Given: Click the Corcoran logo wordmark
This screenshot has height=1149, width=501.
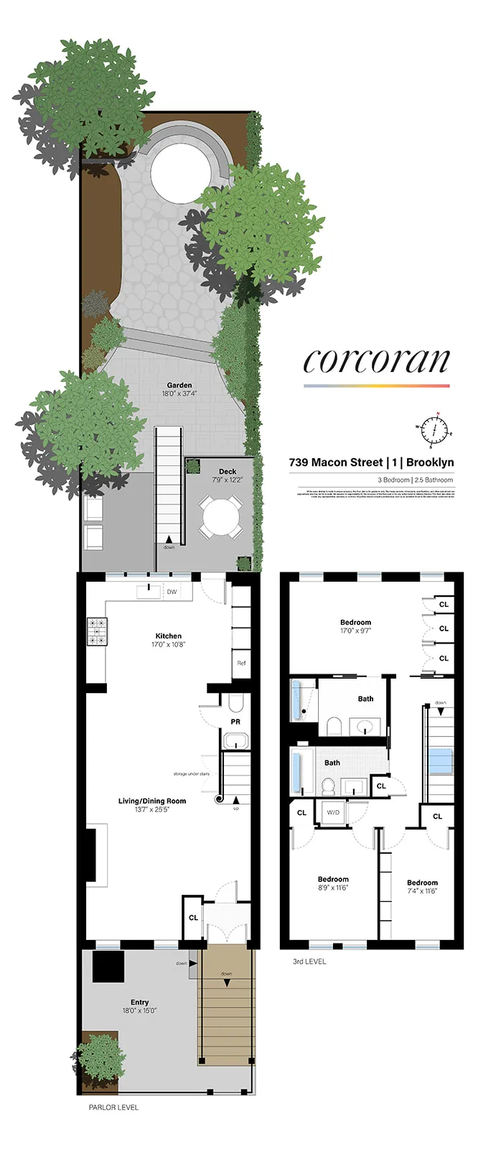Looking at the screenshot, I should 376,361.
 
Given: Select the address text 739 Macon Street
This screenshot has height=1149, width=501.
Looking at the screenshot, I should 335,462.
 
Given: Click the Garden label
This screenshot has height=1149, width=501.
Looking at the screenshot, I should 179,386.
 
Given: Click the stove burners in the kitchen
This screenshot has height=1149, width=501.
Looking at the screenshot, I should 97,631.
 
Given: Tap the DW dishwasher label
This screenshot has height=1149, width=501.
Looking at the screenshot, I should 172,592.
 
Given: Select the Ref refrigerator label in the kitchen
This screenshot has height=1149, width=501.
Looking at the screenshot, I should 241,663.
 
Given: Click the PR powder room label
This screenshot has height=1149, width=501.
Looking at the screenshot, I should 235,722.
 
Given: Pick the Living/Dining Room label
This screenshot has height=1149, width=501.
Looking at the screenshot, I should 152,801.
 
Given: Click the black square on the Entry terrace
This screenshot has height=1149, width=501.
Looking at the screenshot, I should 109,967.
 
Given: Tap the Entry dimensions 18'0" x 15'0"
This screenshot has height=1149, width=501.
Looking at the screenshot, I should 139,1010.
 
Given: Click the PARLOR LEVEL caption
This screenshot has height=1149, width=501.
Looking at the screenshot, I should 113,1107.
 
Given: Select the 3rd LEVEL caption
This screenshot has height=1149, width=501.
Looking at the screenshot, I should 309,962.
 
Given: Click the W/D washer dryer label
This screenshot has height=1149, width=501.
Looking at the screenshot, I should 333,812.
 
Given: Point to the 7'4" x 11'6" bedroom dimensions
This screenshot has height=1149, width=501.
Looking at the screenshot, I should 422,891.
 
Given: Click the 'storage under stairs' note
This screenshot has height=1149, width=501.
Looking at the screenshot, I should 191,774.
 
